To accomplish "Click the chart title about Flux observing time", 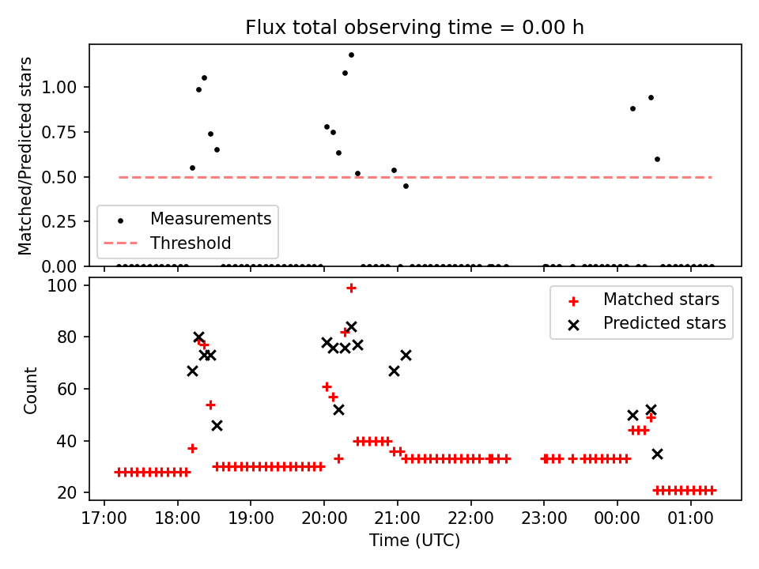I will coord(414,28).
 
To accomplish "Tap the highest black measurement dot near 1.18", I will coord(351,55).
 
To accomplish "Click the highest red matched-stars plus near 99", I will coord(351,288).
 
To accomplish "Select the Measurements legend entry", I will coord(210,218).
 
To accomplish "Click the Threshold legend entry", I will coord(191,243).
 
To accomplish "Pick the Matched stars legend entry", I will coord(661,300).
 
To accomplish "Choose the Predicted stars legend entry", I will coord(664,322).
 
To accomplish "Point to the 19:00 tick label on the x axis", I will coord(251,520).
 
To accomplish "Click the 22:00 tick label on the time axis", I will coord(470,520).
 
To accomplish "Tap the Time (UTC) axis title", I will coord(414,541).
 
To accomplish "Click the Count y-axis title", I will coord(31,390).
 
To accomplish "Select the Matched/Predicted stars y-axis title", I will coord(25,156).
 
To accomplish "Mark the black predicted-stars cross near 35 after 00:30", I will coord(657,454).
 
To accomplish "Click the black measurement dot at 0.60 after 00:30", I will coord(657,159).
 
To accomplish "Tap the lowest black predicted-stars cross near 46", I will coord(217,425).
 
